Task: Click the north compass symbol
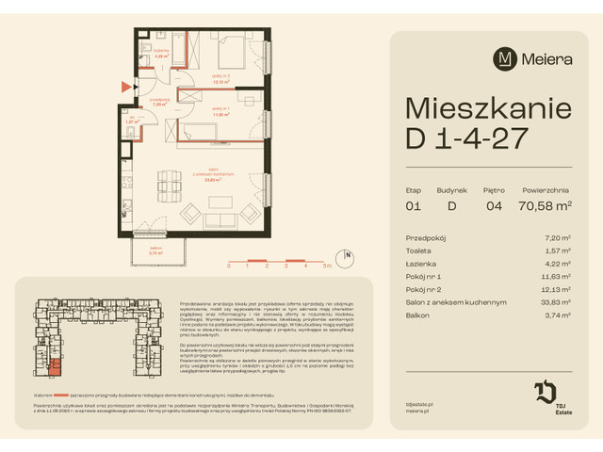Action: coord(348,254)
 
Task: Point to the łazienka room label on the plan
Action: coord(161,55)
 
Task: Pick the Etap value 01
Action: coord(412,204)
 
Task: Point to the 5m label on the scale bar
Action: coord(326,266)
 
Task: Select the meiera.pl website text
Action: coord(405,412)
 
